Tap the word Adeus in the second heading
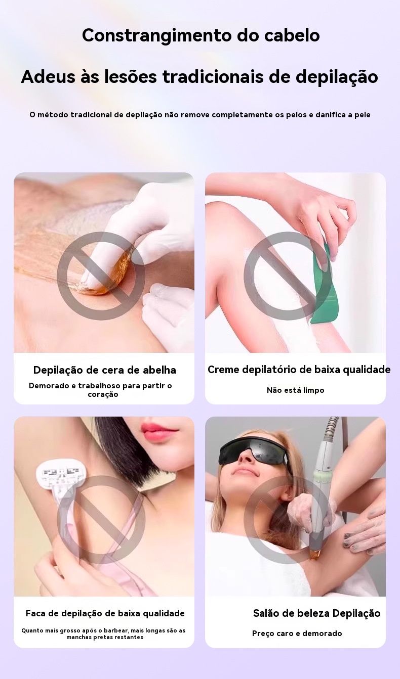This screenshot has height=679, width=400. tap(48, 76)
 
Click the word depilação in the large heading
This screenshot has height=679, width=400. tap(337, 77)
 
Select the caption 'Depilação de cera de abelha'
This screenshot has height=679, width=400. tap(104, 370)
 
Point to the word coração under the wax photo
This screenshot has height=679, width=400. tap(103, 395)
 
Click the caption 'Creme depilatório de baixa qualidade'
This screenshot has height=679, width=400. tap(299, 370)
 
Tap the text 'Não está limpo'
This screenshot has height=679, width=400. tap(295, 390)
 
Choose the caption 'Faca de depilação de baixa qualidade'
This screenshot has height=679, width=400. tap(105, 614)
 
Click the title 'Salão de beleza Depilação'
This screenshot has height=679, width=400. tap(316, 613)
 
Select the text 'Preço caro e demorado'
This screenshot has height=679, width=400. tap(297, 633)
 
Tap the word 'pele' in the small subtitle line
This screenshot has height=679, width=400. tap(363, 115)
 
